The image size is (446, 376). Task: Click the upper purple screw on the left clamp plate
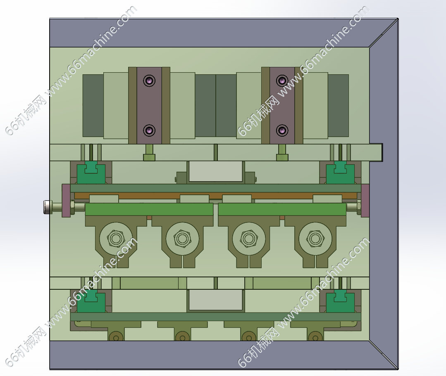[x=149, y=80]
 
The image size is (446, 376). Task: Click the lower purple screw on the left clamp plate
[x=149, y=130]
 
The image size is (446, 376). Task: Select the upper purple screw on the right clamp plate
[x=282, y=80]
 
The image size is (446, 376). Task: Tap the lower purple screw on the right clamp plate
[x=282, y=130]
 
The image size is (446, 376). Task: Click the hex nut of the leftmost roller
[x=116, y=239]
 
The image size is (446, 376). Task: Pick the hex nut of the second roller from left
[x=182, y=239]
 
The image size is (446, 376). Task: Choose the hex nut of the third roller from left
[x=249, y=239]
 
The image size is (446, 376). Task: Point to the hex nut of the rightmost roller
[x=315, y=239]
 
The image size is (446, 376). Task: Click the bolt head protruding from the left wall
[x=47, y=207]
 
